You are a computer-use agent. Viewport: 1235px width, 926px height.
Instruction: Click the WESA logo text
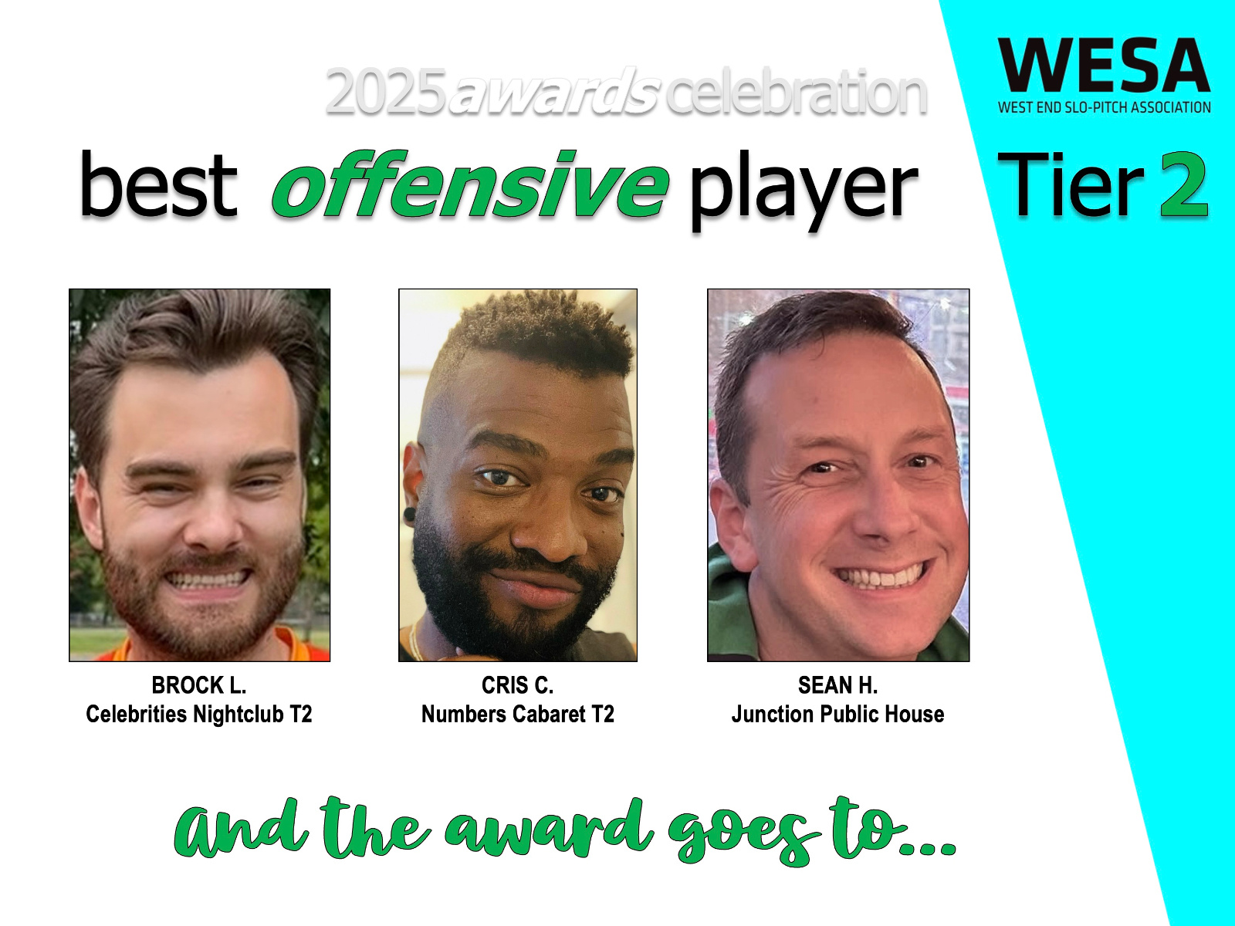point(1104,66)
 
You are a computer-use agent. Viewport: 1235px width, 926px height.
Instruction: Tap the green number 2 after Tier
point(1184,184)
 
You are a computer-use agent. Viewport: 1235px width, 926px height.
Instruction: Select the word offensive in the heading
point(470,184)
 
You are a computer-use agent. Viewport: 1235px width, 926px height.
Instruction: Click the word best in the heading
point(158,184)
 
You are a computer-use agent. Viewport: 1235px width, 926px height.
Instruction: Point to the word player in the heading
point(804,191)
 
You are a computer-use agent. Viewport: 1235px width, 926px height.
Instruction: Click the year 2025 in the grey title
point(385,93)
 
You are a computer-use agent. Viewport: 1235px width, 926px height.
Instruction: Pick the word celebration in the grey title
point(796,93)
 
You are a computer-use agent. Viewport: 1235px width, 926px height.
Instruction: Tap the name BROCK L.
point(199,685)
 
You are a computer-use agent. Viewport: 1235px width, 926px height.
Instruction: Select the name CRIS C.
point(518,685)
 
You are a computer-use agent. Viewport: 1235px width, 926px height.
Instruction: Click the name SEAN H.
point(837,685)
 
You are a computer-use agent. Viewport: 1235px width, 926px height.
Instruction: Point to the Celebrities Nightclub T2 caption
point(199,714)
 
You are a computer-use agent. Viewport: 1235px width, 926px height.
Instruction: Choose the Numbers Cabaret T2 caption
point(518,714)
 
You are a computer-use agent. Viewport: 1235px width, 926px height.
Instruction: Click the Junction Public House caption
point(837,714)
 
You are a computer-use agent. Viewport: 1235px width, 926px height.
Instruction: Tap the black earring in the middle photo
point(409,512)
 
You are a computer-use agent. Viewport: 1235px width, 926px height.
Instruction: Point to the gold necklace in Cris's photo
point(414,641)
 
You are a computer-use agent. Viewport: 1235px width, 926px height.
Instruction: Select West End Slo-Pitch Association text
point(1105,106)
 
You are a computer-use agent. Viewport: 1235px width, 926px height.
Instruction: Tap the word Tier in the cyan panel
point(1072,184)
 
